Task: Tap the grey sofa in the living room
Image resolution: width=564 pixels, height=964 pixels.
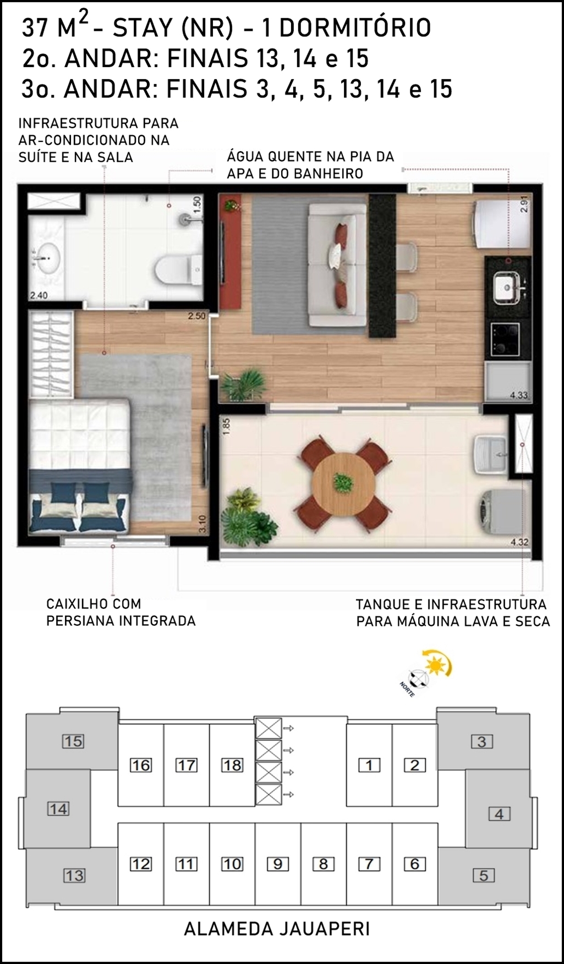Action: tap(337, 264)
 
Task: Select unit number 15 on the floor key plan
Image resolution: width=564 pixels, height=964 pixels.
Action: tap(73, 741)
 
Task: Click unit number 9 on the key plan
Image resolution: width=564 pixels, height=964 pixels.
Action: tap(277, 864)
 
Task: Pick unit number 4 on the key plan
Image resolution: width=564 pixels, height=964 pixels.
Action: tap(499, 813)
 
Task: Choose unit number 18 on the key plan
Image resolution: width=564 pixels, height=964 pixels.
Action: tap(232, 765)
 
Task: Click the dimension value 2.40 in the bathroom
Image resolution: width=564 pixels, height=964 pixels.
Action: tap(39, 295)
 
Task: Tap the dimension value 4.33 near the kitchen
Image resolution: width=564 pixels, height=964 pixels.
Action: tap(519, 395)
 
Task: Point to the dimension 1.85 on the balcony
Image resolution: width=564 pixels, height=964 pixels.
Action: tap(227, 427)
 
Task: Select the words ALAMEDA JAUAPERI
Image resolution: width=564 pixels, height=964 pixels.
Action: tap(277, 929)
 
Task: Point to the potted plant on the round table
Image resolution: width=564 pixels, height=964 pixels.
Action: tap(343, 482)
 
